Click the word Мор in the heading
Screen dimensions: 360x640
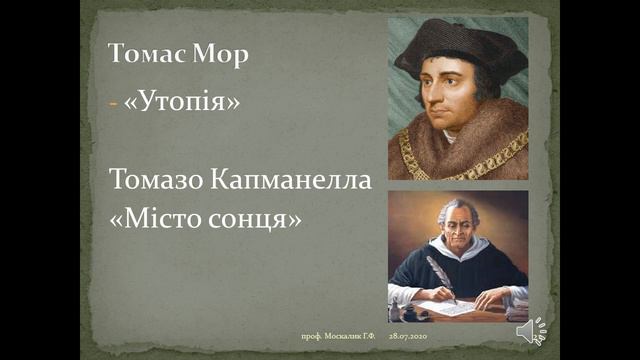tap(221, 56)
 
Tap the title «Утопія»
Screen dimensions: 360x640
tap(182, 103)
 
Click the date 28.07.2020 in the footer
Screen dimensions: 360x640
tap(408, 339)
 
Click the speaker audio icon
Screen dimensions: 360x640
tap(530, 331)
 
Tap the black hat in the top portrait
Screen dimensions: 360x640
tap(456, 45)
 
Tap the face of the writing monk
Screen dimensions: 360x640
tap(456, 224)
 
